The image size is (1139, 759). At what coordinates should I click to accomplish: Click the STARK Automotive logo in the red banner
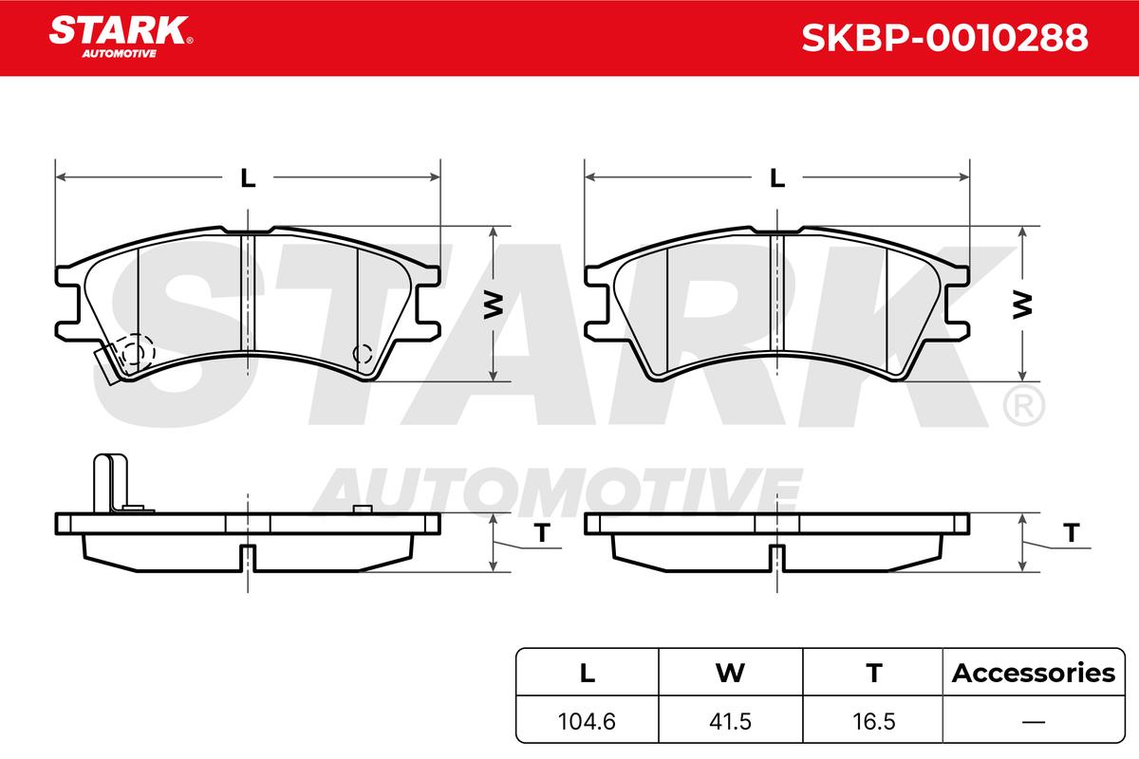pos(121,37)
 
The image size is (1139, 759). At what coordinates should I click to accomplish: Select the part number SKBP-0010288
pos(944,38)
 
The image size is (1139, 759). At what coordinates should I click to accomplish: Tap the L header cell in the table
pos(588,673)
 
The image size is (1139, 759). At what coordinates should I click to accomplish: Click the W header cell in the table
pos(730,673)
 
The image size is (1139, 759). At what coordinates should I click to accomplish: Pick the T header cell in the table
pos(874,673)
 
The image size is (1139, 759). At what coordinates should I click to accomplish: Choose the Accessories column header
pos(1034,673)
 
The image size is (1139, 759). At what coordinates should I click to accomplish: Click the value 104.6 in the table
pos(587,721)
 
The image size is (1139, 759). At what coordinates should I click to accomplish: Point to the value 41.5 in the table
pos(730,721)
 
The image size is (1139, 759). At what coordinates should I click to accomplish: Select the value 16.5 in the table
pos(874,721)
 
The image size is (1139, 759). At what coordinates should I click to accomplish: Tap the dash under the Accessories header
pos(1034,721)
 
